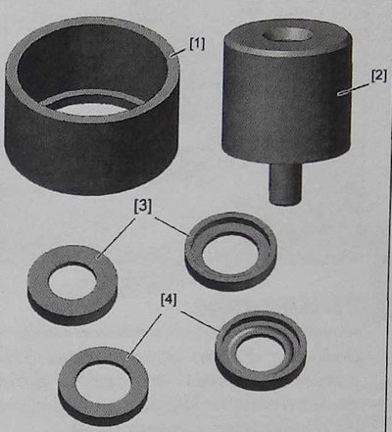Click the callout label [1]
(197, 44)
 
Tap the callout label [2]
(379, 75)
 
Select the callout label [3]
(143, 207)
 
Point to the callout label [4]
(169, 300)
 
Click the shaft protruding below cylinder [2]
(284, 183)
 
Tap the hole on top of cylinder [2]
(288, 35)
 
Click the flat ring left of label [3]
(73, 285)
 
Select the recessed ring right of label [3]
(231, 251)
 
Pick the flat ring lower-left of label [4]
(103, 386)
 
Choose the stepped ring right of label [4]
(261, 351)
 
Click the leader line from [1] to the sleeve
(179, 53)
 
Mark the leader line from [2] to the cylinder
(355, 88)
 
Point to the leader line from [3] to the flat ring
(117, 238)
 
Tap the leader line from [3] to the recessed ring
(171, 226)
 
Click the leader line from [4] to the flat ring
(144, 335)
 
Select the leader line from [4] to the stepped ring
(201, 321)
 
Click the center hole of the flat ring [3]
(73, 281)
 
